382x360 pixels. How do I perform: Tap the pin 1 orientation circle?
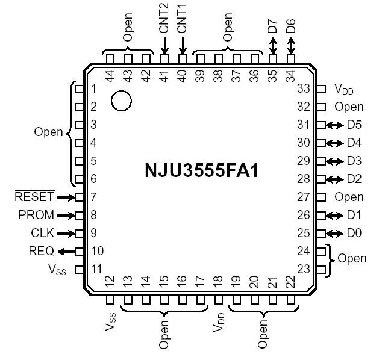[x=121, y=101]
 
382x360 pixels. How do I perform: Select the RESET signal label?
[x=34, y=197]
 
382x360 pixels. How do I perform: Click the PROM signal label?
[x=36, y=215]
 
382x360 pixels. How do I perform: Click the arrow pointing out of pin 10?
[x=66, y=251]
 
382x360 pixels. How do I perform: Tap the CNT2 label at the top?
[x=164, y=19]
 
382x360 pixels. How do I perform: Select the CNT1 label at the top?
[x=182, y=19]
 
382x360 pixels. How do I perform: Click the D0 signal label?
[x=354, y=233]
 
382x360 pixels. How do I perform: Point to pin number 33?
[x=303, y=89]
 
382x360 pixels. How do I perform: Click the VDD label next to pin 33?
[x=344, y=90]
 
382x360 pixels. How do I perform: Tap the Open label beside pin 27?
[x=349, y=197]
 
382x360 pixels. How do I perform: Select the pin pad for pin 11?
[x=78, y=269]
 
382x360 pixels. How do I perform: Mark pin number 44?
[x=110, y=76]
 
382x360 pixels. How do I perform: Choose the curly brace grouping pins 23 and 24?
[x=330, y=260]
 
